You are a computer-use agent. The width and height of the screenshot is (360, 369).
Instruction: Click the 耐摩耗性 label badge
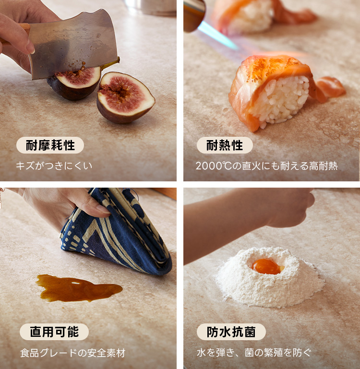point(50,145)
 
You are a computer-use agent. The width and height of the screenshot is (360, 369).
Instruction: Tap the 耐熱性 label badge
point(225,145)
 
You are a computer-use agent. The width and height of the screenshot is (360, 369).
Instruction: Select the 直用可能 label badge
point(54,332)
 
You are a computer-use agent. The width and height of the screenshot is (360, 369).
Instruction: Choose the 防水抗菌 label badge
point(231,332)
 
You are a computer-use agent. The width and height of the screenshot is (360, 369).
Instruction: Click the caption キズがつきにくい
point(53,166)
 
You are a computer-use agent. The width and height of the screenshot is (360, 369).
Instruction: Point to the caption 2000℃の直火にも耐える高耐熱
point(266,166)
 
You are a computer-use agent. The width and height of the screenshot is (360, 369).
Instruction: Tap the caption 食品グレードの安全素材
point(72,353)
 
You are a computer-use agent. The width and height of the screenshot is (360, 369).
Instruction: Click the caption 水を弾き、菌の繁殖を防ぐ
point(253,353)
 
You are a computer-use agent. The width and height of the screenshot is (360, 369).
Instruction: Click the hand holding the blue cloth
point(58,204)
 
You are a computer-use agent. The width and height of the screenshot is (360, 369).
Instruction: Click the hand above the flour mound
point(288,206)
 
